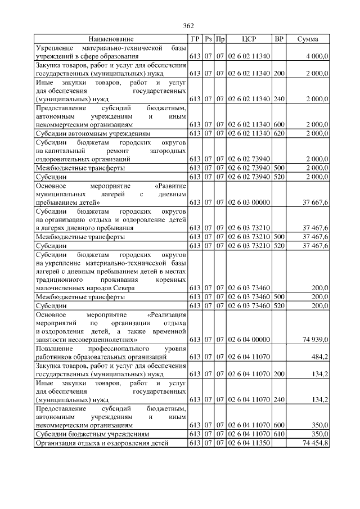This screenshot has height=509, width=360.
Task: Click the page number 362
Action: (188, 26)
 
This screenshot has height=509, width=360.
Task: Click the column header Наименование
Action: (111, 39)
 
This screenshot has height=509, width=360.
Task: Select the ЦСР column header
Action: (249, 39)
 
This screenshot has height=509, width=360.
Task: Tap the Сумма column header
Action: (308, 39)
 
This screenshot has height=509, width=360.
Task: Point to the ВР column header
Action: (279, 39)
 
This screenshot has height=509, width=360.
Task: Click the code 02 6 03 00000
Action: (249, 202)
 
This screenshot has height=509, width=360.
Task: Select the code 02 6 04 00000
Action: (249, 340)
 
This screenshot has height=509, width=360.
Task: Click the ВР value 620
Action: (279, 133)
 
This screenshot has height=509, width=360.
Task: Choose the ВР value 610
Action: (279, 434)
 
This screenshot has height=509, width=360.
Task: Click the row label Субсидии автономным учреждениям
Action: (93, 133)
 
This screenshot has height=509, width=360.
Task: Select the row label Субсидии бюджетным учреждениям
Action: (92, 434)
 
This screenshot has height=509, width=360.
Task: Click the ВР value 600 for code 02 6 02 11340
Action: (279, 124)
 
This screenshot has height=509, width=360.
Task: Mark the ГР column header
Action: (195, 39)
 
